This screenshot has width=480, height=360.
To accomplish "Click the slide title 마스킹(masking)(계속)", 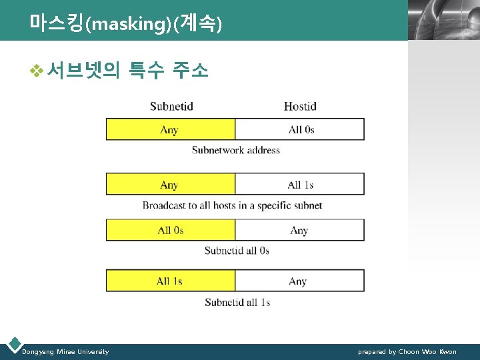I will (125, 23).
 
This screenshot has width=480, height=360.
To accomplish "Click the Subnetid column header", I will (171, 107).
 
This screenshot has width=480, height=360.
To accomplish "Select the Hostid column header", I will (300, 107).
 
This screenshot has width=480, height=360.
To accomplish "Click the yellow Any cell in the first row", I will (170, 129).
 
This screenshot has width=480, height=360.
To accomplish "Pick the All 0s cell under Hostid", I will (301, 129).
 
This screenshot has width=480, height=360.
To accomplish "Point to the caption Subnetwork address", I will (236, 150).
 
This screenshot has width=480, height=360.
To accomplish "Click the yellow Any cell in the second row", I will (170, 185).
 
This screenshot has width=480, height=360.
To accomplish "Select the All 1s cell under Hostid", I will (301, 185).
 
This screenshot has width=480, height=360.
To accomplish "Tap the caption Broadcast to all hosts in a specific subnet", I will (232, 205).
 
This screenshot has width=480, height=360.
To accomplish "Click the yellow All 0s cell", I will (170, 230).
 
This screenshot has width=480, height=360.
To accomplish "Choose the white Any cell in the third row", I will (299, 230).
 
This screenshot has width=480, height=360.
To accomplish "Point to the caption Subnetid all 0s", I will (237, 251).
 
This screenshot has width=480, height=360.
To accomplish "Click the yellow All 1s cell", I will (170, 281).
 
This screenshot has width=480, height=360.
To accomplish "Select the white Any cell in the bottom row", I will (298, 281).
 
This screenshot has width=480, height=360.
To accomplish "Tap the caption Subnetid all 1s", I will (237, 302).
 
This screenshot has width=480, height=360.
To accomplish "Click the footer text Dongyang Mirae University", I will (65, 351).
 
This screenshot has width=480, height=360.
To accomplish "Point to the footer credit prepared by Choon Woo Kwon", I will (407, 351).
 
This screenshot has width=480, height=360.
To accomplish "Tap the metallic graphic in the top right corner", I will (443, 20).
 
